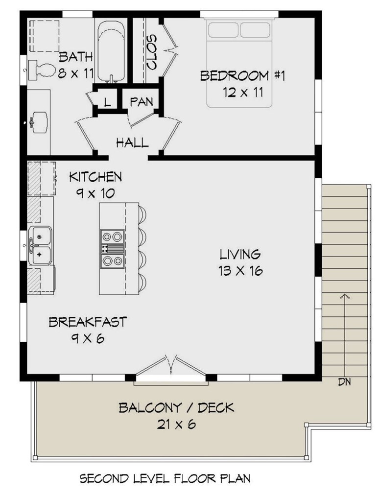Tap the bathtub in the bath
tap(111, 51)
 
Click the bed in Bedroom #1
tap(239, 62)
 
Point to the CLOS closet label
tap(151, 52)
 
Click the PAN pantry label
tap(142, 101)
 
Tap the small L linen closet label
tap(107, 102)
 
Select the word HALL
tap(132, 142)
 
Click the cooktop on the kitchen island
tap(111, 248)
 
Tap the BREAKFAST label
tap(88, 322)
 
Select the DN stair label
tap(344, 381)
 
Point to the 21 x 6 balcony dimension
tap(171, 424)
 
